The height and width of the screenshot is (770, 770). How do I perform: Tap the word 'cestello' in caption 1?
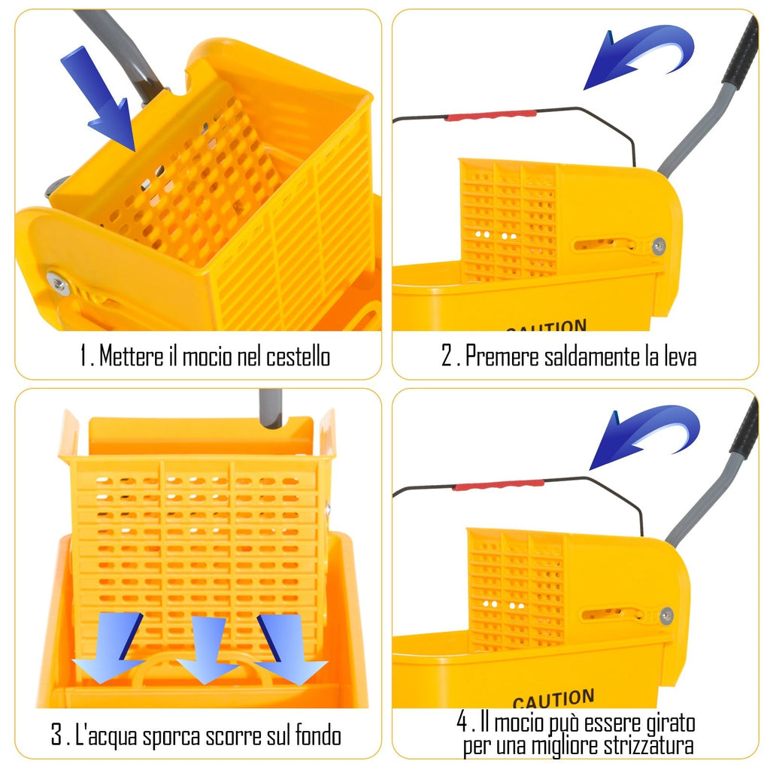tap(298, 356)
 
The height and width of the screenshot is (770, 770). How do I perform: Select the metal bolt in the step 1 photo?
tap(57, 283)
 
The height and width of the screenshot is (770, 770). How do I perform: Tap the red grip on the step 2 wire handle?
tap(490, 115)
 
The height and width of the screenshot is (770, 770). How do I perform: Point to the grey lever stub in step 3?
tap(270, 407)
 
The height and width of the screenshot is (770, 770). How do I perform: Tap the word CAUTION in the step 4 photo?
tap(553, 699)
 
